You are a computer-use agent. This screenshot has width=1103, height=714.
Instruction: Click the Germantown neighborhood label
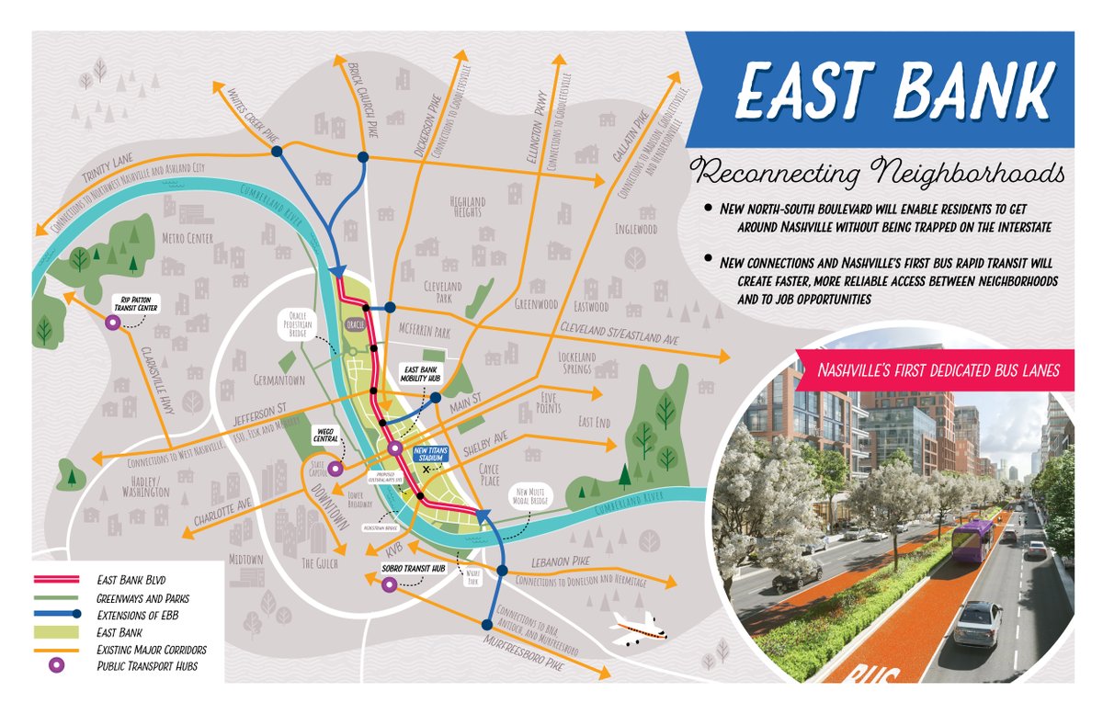(x=279, y=380)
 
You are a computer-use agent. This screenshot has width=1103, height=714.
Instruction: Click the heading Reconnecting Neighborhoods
(x=878, y=173)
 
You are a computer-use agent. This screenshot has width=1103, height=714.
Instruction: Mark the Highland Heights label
(x=467, y=206)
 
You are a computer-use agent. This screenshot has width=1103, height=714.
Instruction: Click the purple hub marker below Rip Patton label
(x=112, y=323)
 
